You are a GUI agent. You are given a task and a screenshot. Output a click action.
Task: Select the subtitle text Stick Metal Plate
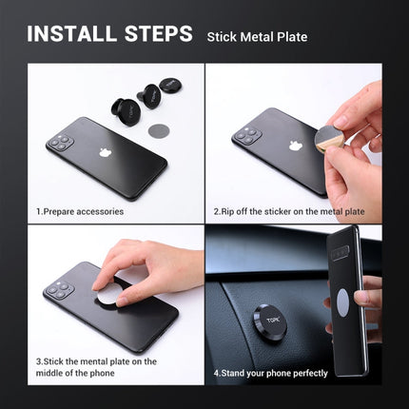[x=257, y=37]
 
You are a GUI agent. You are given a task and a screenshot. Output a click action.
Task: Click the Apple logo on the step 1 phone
[x=106, y=151]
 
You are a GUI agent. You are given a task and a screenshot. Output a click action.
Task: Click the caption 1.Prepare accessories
[x=79, y=210]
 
